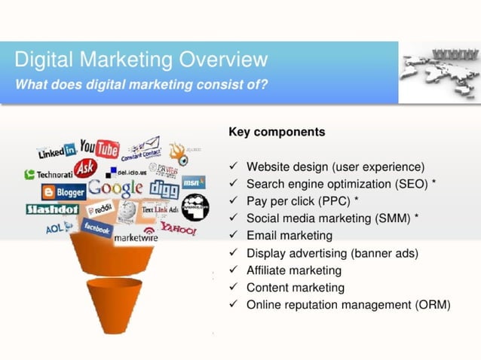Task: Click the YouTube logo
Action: pos(100,148)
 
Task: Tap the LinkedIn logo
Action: pos(57,152)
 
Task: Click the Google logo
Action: pos(115,188)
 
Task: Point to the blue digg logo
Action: pos(164,188)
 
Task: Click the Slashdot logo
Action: pos(52,209)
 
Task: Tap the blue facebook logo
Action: pos(97,227)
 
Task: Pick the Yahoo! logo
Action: pos(178,227)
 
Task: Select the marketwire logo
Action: pos(135,237)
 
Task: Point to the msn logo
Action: pos(194,182)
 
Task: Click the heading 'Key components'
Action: pos(277,132)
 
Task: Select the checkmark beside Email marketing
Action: pos(234,236)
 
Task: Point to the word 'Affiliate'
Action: pos(268,270)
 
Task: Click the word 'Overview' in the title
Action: pos(223,59)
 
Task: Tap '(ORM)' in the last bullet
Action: pos(432,305)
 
